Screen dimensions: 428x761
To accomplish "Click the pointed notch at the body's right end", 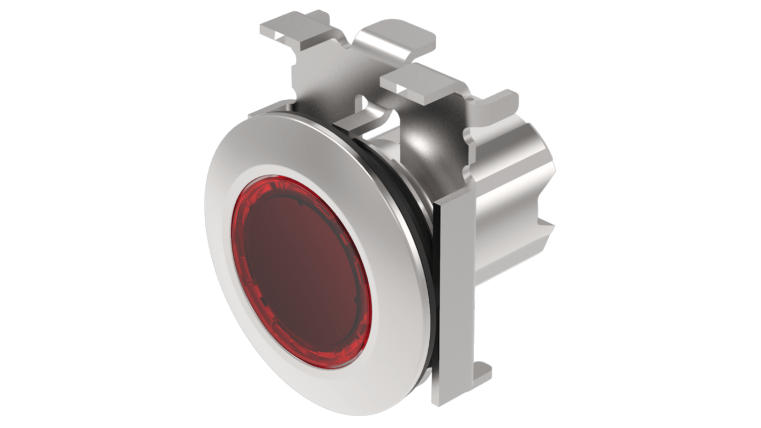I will [547, 225].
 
